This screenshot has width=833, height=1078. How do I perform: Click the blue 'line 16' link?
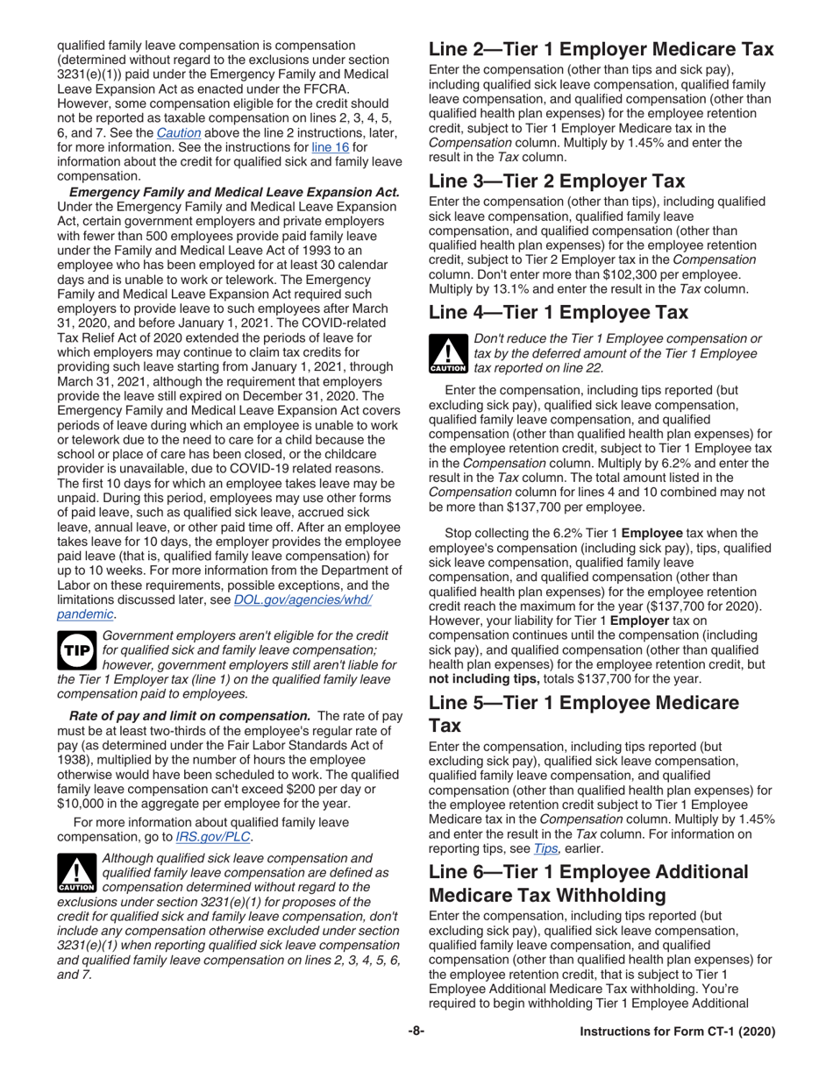(325, 145)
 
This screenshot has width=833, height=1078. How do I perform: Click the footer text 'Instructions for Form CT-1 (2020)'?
(678, 1032)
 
